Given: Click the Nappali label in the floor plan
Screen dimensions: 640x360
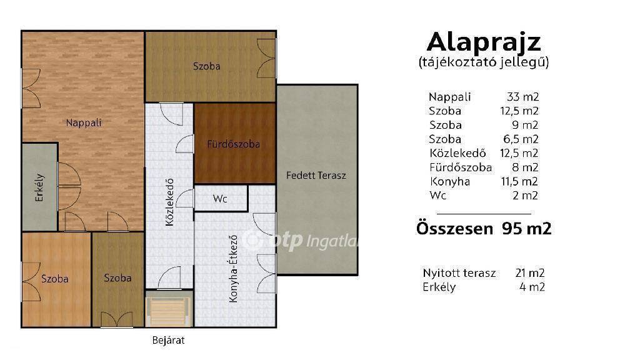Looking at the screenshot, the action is click(x=84, y=122).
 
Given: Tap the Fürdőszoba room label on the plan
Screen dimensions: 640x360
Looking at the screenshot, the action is click(x=234, y=144).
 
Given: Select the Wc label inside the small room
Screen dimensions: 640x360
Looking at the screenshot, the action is click(x=220, y=199).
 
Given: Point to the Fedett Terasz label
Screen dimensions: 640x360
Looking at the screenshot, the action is click(x=316, y=176).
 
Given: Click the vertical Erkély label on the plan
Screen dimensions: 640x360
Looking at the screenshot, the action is click(x=39, y=187).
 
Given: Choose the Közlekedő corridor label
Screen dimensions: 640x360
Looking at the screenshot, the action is click(x=169, y=202).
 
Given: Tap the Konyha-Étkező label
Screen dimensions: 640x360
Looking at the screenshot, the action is click(x=233, y=268).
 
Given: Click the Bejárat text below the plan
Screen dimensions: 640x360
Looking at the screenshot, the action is click(x=168, y=340).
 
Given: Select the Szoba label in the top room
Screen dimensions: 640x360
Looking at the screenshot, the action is click(x=206, y=66).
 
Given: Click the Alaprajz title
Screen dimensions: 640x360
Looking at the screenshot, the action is click(x=484, y=42).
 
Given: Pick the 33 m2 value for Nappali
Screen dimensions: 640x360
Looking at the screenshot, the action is click(x=523, y=97).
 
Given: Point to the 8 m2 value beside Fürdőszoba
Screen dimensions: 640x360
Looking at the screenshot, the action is click(x=525, y=167).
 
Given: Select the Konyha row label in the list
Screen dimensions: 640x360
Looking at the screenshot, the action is click(x=450, y=181).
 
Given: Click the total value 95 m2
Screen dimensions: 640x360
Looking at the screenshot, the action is click(x=526, y=229).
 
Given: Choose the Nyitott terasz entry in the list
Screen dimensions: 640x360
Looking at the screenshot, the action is click(x=459, y=272).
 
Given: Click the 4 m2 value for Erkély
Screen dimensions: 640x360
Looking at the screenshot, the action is click(x=532, y=287).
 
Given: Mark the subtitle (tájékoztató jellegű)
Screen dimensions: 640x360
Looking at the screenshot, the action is click(x=484, y=62).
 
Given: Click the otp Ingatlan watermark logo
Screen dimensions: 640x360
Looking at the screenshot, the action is click(x=300, y=240).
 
